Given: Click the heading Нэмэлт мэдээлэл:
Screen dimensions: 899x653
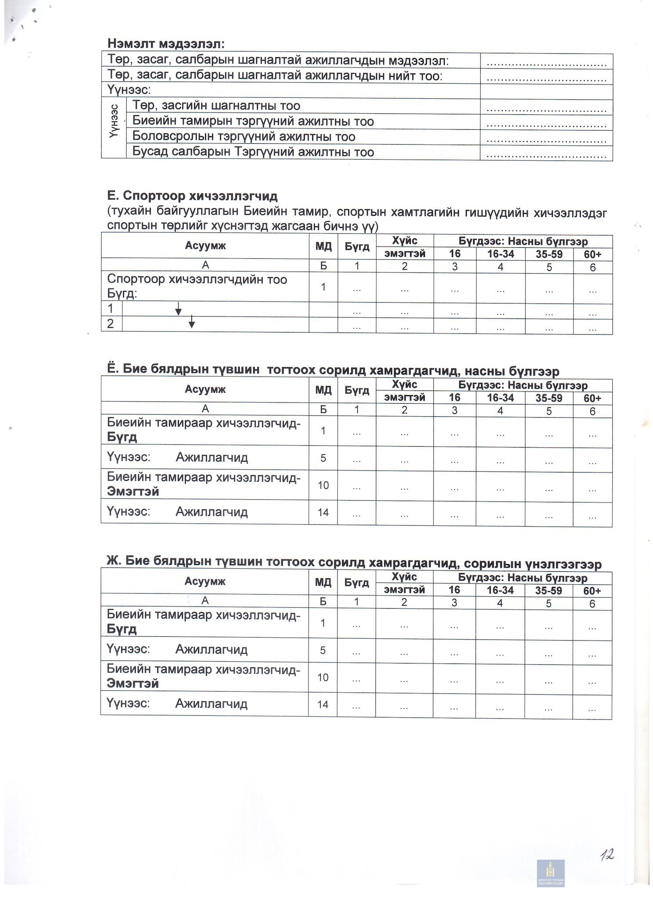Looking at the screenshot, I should click(x=166, y=44).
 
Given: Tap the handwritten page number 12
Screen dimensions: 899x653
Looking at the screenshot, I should click(x=607, y=855).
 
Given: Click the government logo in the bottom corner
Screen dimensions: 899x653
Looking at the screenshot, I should click(x=550, y=874).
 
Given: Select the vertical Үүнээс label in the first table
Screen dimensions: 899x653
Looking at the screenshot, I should click(x=114, y=121).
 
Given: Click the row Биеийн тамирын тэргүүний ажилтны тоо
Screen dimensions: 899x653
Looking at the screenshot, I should click(x=253, y=121).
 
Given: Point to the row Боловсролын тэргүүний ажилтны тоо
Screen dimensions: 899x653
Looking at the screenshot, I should click(x=243, y=137).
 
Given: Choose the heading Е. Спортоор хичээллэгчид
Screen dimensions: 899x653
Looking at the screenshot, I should click(x=192, y=196).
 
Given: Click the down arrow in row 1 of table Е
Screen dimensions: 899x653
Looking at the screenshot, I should click(x=178, y=309).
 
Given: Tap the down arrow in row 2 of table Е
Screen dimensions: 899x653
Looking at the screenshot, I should click(x=191, y=322).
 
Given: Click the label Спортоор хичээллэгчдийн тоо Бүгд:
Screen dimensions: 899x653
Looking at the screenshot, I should click(x=197, y=286).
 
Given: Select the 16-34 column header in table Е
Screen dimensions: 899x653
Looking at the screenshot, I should click(x=500, y=254).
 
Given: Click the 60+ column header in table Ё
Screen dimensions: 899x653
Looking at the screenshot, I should click(x=592, y=398).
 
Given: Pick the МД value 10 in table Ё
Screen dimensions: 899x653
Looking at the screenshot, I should click(x=323, y=485).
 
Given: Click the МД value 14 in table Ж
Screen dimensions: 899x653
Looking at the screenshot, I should click(x=323, y=704).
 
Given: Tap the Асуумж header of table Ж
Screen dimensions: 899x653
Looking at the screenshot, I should click(x=205, y=582).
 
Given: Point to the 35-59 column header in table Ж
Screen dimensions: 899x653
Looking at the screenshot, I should click(x=548, y=590).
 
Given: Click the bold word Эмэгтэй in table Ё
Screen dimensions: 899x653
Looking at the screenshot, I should click(x=133, y=492).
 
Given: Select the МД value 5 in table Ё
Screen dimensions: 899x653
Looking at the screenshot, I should click(x=323, y=458).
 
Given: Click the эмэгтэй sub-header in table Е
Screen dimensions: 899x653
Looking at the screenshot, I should click(x=404, y=254).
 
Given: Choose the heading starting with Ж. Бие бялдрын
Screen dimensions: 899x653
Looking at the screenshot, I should click(x=353, y=562).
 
